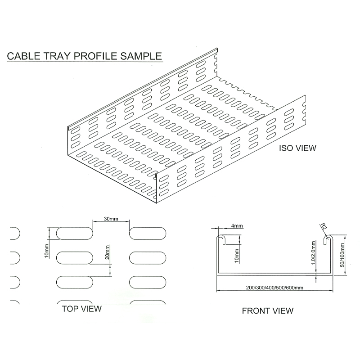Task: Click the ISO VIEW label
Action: pos(298,148)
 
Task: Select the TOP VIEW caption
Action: pos(81,309)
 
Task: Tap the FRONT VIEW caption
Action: pos(267,310)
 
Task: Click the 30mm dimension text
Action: pos(111,219)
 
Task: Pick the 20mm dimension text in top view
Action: pos(107,253)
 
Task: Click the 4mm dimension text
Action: pos(237,226)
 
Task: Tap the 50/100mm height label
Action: pos(342,255)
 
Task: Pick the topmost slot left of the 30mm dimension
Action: pos(75,233)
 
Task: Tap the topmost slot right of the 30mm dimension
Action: pos(147,233)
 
